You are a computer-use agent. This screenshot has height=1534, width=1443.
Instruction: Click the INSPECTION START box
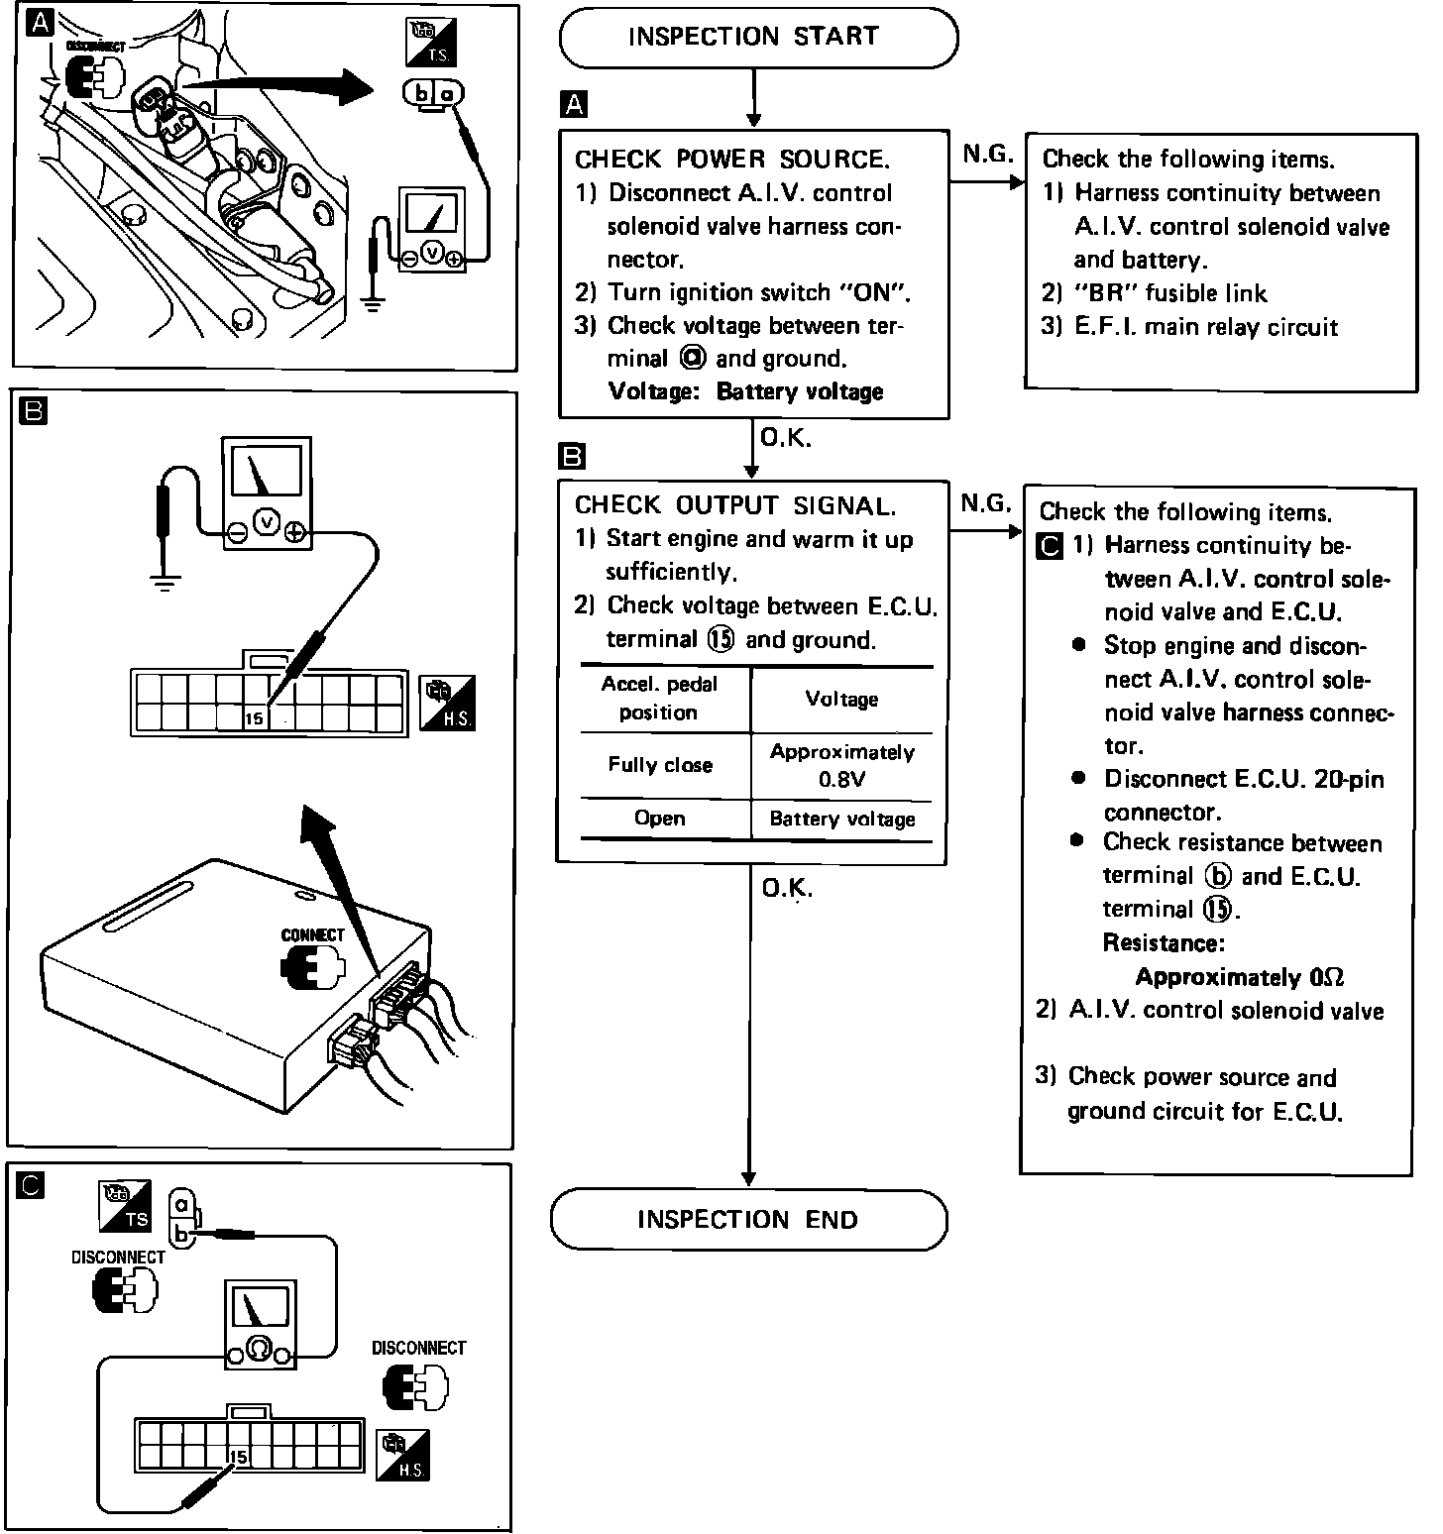click(758, 38)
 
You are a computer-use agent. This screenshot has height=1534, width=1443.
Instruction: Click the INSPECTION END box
click(748, 1219)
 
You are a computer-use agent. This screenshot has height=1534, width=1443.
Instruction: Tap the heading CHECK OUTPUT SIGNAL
click(734, 505)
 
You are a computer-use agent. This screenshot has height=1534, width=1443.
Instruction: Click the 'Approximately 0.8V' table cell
click(841, 765)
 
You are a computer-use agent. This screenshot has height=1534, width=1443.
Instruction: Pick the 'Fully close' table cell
click(660, 765)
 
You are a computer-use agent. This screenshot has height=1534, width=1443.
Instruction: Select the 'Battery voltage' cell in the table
click(841, 820)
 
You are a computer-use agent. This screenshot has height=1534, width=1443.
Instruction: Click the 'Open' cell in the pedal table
click(660, 819)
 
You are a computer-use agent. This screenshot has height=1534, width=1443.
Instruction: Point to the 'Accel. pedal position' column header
click(660, 698)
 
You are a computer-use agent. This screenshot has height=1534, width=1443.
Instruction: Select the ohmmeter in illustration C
click(258, 1325)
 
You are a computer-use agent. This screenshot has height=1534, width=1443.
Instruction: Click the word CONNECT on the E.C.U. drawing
click(312, 934)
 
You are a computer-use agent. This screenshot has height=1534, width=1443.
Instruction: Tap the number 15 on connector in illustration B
click(255, 718)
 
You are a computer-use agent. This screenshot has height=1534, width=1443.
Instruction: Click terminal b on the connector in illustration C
click(181, 1235)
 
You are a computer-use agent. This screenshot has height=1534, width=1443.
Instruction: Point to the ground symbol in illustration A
click(373, 301)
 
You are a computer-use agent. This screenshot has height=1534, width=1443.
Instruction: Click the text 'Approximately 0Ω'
click(1239, 977)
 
